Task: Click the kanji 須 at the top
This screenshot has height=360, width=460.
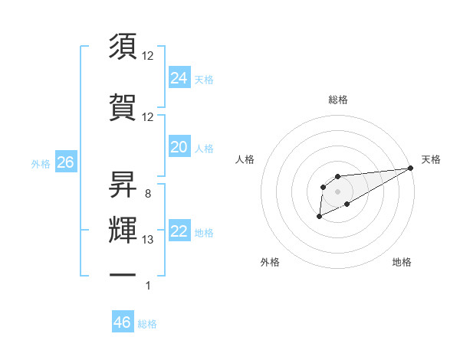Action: coord(123,47)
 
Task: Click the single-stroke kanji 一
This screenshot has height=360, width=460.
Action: coord(123,273)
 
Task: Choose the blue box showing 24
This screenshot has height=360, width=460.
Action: coord(179,77)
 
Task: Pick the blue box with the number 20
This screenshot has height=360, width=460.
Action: coord(179,147)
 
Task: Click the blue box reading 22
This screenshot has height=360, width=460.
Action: coord(179,232)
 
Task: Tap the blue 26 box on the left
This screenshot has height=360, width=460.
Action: coord(65,162)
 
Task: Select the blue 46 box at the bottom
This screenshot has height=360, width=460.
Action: coord(123,322)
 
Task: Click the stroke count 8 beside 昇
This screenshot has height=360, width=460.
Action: coord(147,193)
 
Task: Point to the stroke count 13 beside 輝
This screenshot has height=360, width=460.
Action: coord(149,240)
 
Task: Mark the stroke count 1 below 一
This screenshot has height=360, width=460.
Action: coord(148,286)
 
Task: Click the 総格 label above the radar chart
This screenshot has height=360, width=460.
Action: coord(337,100)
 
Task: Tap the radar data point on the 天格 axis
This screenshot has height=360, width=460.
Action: coord(411,168)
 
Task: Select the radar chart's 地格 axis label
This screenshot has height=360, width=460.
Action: coord(402,262)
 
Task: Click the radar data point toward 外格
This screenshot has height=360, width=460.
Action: coord(319,218)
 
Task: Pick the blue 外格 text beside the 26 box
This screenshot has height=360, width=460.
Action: coord(41,163)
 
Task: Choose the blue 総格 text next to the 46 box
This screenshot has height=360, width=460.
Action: coord(147,324)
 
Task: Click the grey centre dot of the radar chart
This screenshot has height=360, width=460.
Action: coord(337,191)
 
